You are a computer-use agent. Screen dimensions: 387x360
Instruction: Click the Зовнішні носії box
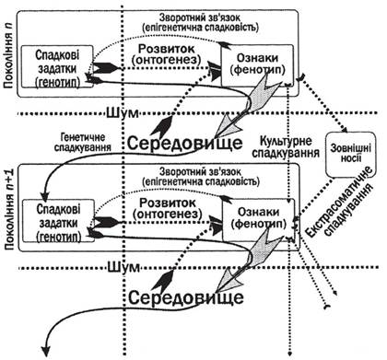pyautogui.click(x=350, y=155)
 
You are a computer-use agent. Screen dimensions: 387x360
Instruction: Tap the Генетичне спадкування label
pyautogui.click(x=83, y=142)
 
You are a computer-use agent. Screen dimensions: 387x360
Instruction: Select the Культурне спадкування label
pyautogui.click(x=286, y=147)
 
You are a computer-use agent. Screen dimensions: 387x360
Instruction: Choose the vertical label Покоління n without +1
pyautogui.click(x=8, y=58)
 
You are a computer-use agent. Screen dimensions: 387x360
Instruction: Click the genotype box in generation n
pyautogui.click(x=57, y=66)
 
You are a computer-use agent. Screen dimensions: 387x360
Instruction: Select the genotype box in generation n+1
pyautogui.click(x=58, y=220)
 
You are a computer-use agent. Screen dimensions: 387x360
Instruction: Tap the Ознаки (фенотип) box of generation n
pyautogui.click(x=257, y=65)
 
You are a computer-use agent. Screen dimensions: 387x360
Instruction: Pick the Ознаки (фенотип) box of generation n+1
pyautogui.click(x=258, y=220)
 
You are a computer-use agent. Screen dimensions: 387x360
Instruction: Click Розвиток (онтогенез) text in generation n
pyautogui.click(x=166, y=53)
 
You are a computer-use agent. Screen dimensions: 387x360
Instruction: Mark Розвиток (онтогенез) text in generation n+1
pyautogui.click(x=168, y=208)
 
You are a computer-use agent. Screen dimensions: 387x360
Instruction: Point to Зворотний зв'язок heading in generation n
pyautogui.click(x=200, y=17)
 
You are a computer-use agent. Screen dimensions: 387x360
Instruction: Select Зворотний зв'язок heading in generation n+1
pyautogui.click(x=201, y=171)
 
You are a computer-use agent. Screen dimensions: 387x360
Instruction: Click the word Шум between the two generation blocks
pyautogui.click(x=123, y=113)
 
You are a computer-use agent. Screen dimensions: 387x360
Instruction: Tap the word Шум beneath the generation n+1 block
pyautogui.click(x=123, y=267)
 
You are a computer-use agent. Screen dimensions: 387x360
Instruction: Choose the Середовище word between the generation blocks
pyautogui.click(x=185, y=143)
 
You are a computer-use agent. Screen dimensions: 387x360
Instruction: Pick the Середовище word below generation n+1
pyautogui.click(x=186, y=297)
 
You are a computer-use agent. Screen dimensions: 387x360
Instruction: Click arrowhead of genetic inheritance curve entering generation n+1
pyautogui.click(x=45, y=194)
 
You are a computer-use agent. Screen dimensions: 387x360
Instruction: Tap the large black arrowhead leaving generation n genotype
pyautogui.click(x=105, y=68)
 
